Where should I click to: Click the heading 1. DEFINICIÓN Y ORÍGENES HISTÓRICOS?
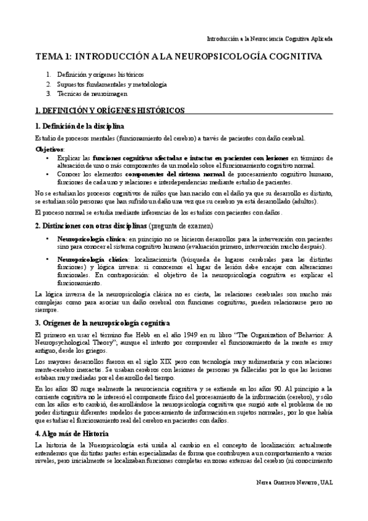coord(109,111)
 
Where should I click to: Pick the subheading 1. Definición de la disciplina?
coord(76,126)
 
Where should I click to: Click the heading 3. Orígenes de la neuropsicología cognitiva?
coord(103,323)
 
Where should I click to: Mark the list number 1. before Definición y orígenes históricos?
coord(49,75)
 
